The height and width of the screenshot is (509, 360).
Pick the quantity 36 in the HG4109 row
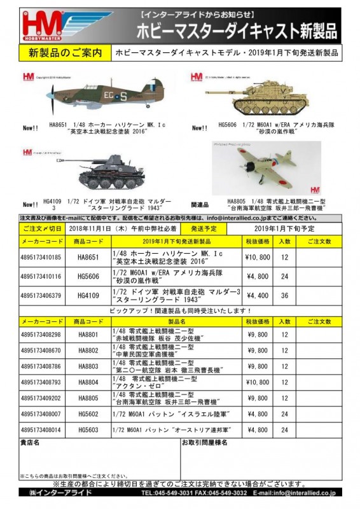click(284, 295)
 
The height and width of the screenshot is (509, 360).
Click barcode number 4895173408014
click(41, 429)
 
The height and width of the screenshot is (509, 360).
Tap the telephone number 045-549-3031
click(170, 492)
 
